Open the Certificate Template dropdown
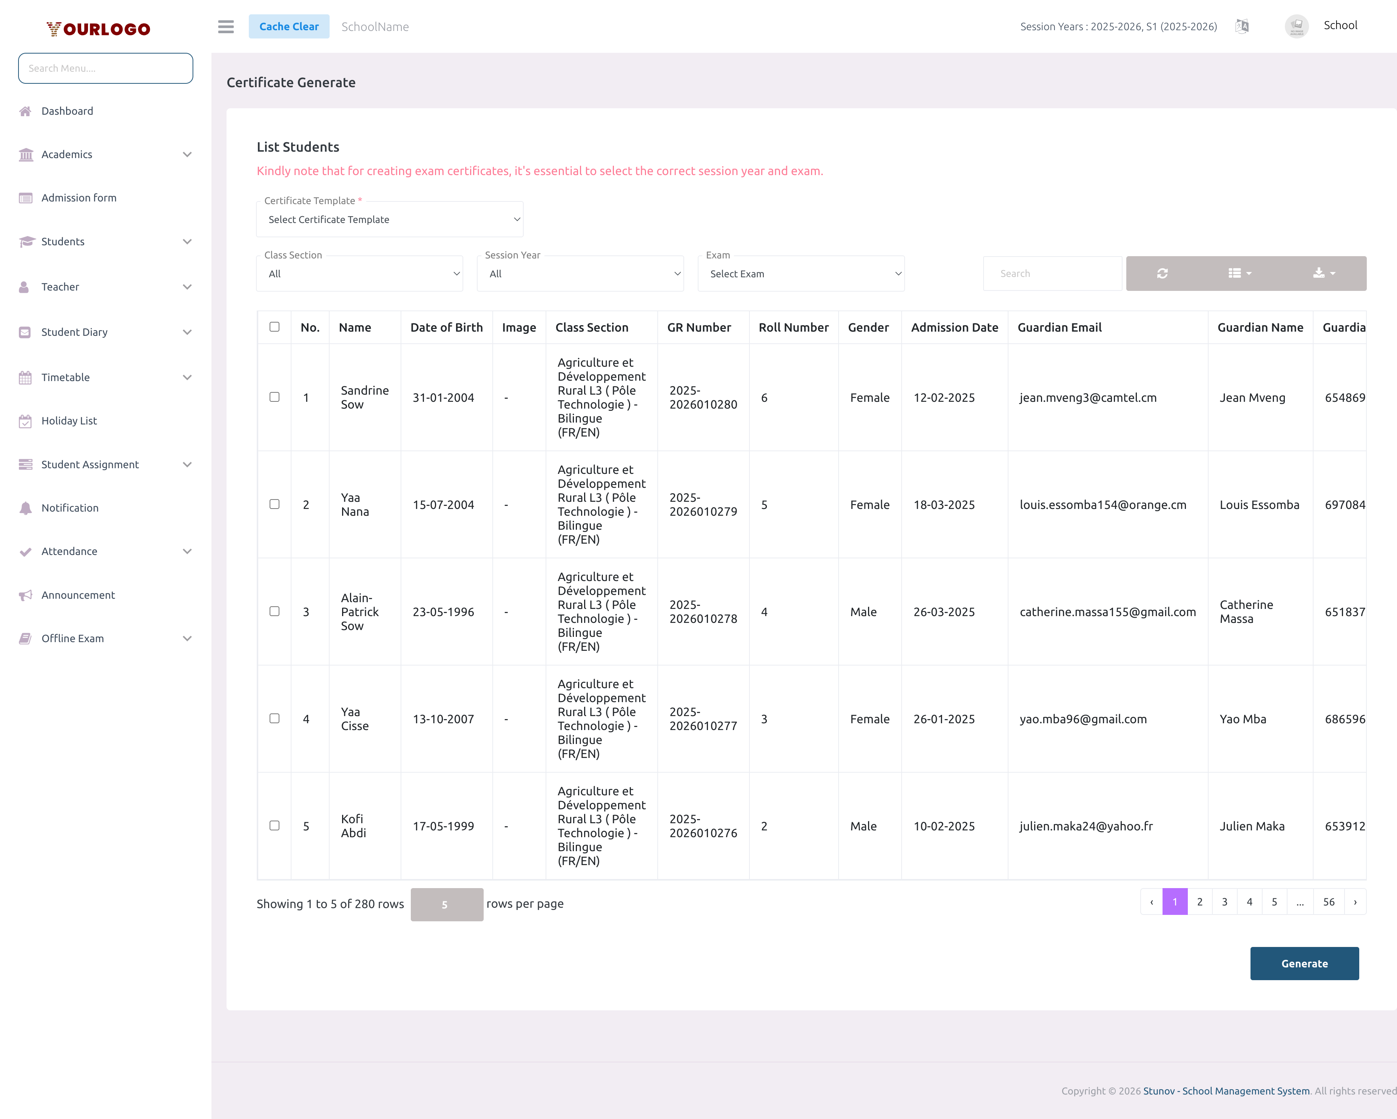[x=389, y=220]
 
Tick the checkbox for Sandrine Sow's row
[x=275, y=397]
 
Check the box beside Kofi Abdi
[x=275, y=825]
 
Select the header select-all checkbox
[x=275, y=327]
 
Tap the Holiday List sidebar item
[x=69, y=421]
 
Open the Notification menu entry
[x=70, y=508]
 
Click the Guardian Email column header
[x=1059, y=328]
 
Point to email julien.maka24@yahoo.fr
[x=1086, y=826]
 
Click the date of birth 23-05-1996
[x=443, y=612]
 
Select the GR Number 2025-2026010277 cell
[x=703, y=719]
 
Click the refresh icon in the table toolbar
[x=1162, y=273]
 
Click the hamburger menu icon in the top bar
[x=225, y=26]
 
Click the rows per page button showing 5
[x=446, y=904]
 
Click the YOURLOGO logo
[x=99, y=29]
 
